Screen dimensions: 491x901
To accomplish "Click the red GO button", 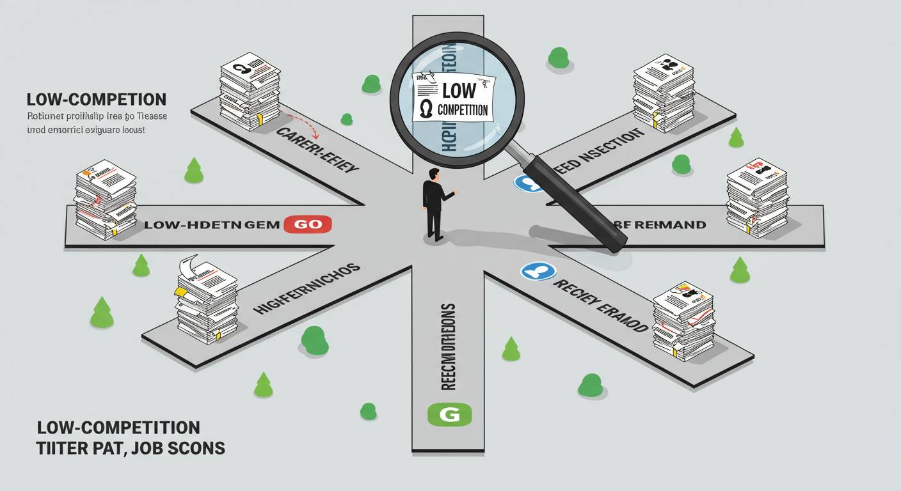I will tap(307, 224).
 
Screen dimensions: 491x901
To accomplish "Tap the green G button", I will tap(449, 414).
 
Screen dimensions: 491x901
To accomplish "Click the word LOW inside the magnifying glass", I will tap(459, 90).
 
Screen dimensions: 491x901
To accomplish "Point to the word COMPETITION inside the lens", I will tap(463, 109).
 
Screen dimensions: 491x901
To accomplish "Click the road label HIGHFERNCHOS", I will tap(307, 289).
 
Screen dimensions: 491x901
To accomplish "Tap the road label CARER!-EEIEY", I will tap(317, 152).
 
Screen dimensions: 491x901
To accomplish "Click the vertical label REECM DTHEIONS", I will tap(448, 345).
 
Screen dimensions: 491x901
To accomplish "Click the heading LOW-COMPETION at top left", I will tap(97, 100).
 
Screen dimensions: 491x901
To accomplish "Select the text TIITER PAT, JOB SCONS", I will tap(131, 448).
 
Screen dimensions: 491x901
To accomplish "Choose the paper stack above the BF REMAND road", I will tap(756, 198).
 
